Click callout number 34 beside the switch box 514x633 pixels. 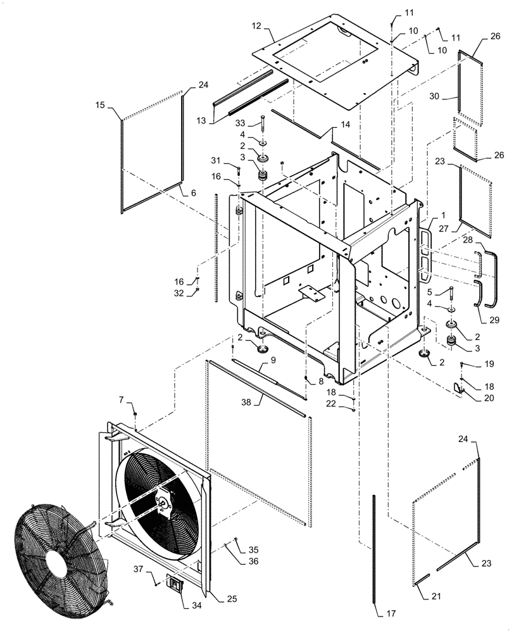(x=189, y=605)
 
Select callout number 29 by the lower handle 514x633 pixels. (x=494, y=320)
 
